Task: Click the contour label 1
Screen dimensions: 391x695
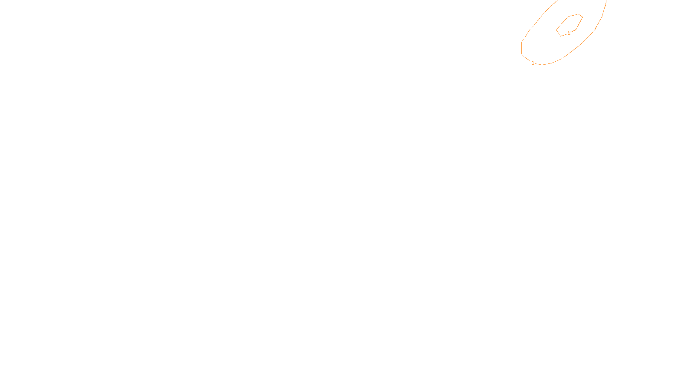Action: click(x=533, y=63)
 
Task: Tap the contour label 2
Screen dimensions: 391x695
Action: click(x=569, y=33)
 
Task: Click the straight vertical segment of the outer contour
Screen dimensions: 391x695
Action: click(x=522, y=48)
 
